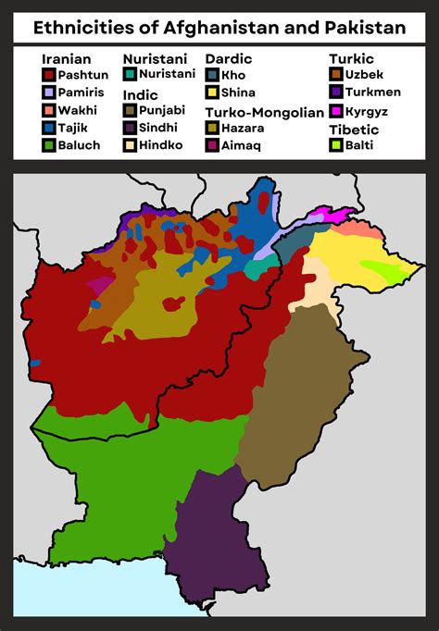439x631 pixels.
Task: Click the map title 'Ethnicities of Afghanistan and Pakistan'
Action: (219, 28)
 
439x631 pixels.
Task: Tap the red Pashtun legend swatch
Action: (48, 75)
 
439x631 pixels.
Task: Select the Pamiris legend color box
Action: (48, 93)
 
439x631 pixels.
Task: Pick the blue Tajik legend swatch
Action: (48, 128)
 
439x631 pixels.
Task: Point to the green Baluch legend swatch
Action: (48, 145)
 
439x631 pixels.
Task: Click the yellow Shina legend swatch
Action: (212, 93)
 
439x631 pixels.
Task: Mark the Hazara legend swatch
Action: (212, 128)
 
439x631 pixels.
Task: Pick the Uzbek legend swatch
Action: (335, 74)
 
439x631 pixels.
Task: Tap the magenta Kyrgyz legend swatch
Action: (335, 110)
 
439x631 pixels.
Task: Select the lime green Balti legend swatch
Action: (335, 145)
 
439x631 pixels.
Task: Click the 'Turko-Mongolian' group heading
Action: (264, 112)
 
